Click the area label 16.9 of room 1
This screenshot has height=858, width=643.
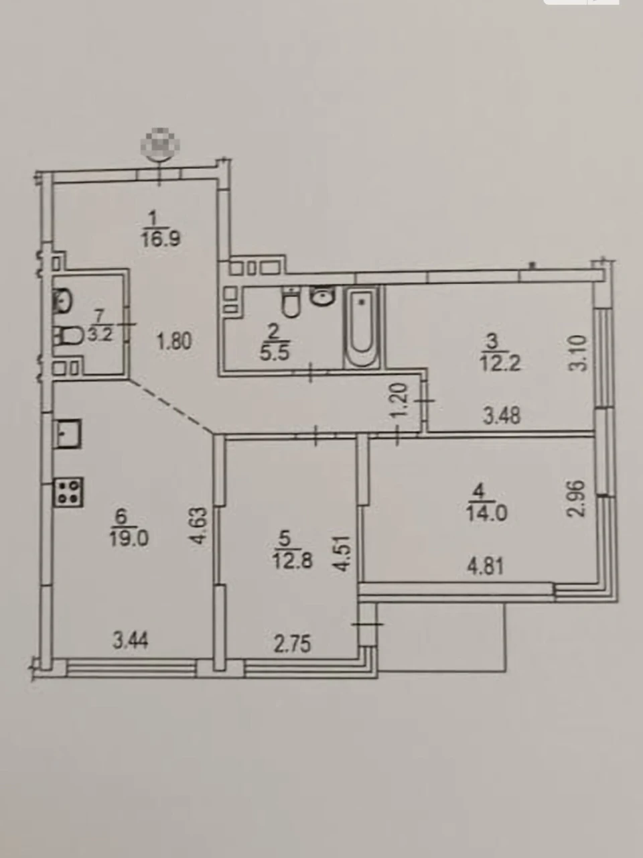(161, 239)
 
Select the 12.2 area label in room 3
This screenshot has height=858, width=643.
(500, 364)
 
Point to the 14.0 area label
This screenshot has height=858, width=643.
(487, 513)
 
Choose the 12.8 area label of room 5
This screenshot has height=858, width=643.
(293, 562)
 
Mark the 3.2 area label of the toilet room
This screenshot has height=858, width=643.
(100, 335)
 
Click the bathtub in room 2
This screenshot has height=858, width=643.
(362, 326)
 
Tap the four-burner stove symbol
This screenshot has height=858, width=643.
(69, 492)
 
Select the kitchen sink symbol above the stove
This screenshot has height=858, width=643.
(68, 433)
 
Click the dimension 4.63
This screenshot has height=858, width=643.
(198, 526)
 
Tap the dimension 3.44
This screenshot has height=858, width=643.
(130, 641)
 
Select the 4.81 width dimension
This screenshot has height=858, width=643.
(486, 566)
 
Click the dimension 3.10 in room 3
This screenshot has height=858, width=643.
(580, 353)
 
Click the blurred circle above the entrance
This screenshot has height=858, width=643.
(160, 145)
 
